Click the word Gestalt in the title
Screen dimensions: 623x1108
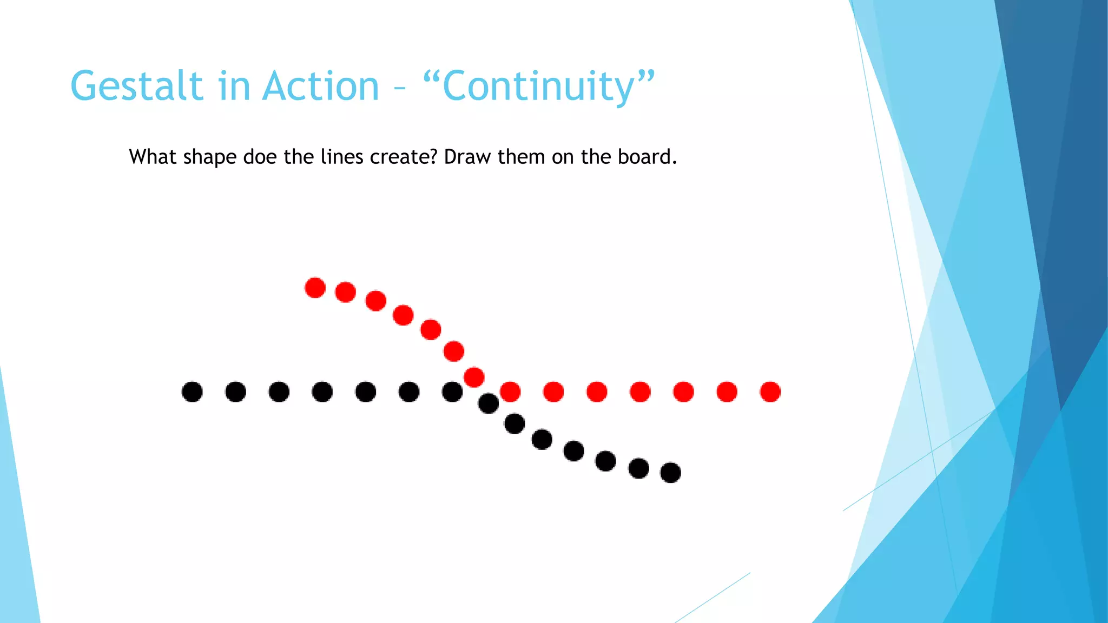click(x=136, y=87)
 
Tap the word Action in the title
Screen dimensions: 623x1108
click(x=321, y=87)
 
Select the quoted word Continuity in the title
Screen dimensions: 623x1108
click(x=539, y=87)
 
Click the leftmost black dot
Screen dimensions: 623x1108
click(x=192, y=392)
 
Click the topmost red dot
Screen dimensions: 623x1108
click(x=315, y=288)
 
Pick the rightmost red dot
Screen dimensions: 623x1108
click(x=770, y=392)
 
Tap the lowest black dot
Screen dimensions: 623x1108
click(x=671, y=473)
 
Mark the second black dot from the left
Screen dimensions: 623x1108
click(x=235, y=392)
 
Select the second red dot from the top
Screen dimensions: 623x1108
click(x=345, y=292)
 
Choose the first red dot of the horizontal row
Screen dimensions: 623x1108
click(x=510, y=392)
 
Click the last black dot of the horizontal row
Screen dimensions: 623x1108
click(x=452, y=392)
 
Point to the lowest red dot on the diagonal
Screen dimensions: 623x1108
click(x=474, y=377)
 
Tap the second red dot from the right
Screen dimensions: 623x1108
click(x=727, y=392)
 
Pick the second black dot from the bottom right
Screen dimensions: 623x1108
click(x=638, y=468)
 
